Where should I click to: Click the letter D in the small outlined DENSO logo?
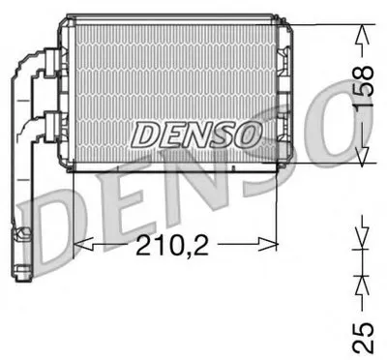145,135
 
